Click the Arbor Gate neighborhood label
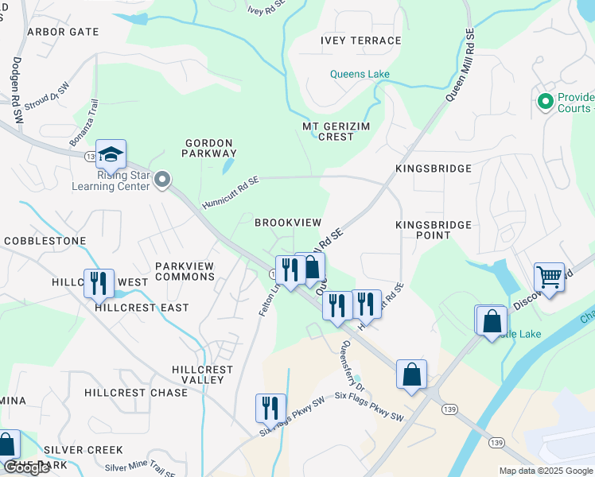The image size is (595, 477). coord(63,32)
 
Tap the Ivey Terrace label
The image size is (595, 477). coord(360,41)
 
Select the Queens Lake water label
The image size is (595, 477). coord(360,75)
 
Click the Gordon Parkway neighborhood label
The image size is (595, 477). coord(211,148)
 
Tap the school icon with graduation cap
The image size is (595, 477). coord(111,153)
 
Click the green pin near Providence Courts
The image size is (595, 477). coord(545,101)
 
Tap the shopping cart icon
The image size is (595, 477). coord(549,277)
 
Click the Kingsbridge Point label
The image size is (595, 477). coord(434,230)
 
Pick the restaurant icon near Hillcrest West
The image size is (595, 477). coord(99,282)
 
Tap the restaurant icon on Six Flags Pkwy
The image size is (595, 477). coord(270,407)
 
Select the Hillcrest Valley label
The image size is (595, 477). coord(203,374)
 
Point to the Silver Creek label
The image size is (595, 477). coord(84,450)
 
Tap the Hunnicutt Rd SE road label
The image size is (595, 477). coord(230,191)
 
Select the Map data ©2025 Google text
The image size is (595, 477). coord(545,471)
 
